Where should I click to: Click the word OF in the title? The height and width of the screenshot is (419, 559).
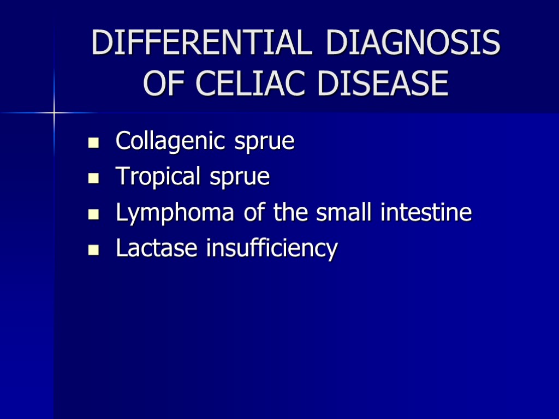point(165,84)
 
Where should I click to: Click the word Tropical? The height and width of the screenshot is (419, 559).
point(154,177)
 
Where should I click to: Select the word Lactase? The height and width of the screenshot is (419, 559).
point(157,248)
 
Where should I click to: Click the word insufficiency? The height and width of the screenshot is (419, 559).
point(272,249)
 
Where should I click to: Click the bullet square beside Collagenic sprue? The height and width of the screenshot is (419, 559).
point(93,143)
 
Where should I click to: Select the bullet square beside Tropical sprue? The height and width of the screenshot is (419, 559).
point(93,179)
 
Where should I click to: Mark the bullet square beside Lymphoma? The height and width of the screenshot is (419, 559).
point(93,214)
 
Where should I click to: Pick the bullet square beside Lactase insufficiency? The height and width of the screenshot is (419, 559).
point(93,250)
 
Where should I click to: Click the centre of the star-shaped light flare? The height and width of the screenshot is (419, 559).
point(55,113)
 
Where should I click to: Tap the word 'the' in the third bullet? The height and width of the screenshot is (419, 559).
point(293,212)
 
